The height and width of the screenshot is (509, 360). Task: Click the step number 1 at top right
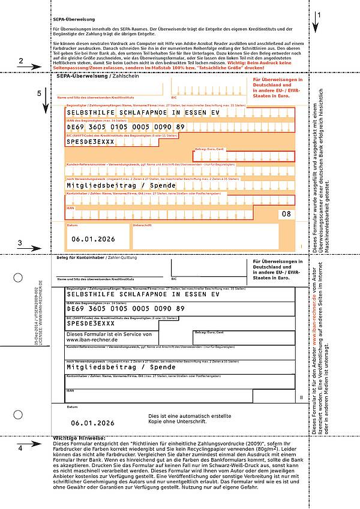319,14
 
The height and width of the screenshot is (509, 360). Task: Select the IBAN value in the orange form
126,127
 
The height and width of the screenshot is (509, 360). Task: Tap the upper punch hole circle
17,278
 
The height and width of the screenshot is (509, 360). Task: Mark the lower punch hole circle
17,413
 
